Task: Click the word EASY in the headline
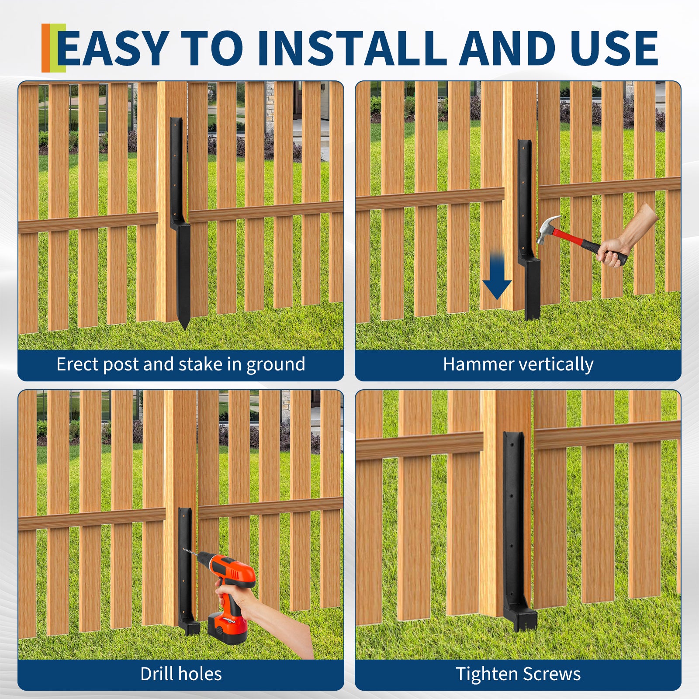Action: [113, 48]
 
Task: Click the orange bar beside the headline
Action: [46, 48]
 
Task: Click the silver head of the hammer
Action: [547, 229]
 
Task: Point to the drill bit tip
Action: [184, 550]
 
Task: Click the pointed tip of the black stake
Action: [184, 328]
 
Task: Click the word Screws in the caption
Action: [551, 674]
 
